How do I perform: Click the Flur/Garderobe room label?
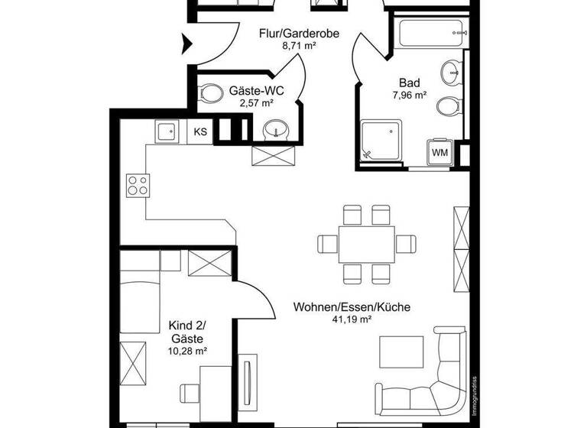pyautogui.click(x=300, y=34)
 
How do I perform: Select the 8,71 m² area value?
pyautogui.click(x=300, y=46)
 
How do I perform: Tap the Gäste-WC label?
pyautogui.click(x=256, y=90)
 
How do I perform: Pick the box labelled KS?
pyautogui.click(x=200, y=131)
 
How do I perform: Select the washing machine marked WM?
pyautogui.click(x=440, y=152)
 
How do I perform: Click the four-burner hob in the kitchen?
pyautogui.click(x=138, y=185)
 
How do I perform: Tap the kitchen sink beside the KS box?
pyautogui.click(x=168, y=132)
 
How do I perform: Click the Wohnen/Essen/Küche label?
pyautogui.click(x=352, y=307)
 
